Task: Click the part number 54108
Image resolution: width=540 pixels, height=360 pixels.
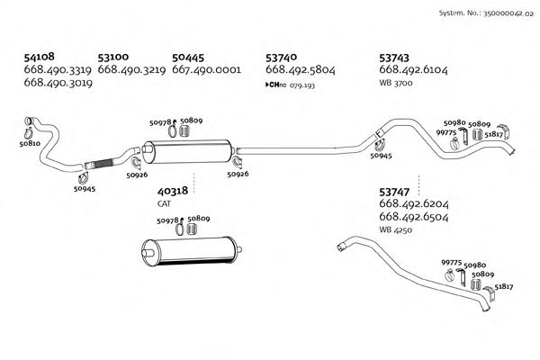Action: [x=41, y=56]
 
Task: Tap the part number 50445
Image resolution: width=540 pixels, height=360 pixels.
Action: [x=189, y=56]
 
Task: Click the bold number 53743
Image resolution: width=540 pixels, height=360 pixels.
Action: [x=398, y=56]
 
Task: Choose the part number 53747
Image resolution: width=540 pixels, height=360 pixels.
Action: [x=398, y=192]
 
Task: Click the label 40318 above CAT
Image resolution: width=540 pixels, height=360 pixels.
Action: [x=172, y=191]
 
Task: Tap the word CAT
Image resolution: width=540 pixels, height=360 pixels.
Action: [x=164, y=203]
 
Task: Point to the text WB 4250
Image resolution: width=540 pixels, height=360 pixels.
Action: [x=395, y=230]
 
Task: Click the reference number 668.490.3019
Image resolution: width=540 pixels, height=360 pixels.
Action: [x=58, y=83]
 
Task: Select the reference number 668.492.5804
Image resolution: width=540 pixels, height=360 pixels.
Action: [x=301, y=69]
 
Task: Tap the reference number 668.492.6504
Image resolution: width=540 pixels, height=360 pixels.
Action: [x=415, y=217]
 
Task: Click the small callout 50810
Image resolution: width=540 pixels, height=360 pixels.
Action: [x=30, y=143]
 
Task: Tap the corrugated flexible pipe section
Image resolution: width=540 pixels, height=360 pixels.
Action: [x=101, y=164]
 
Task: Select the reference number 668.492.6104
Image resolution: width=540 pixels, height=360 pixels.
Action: [x=415, y=69]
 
